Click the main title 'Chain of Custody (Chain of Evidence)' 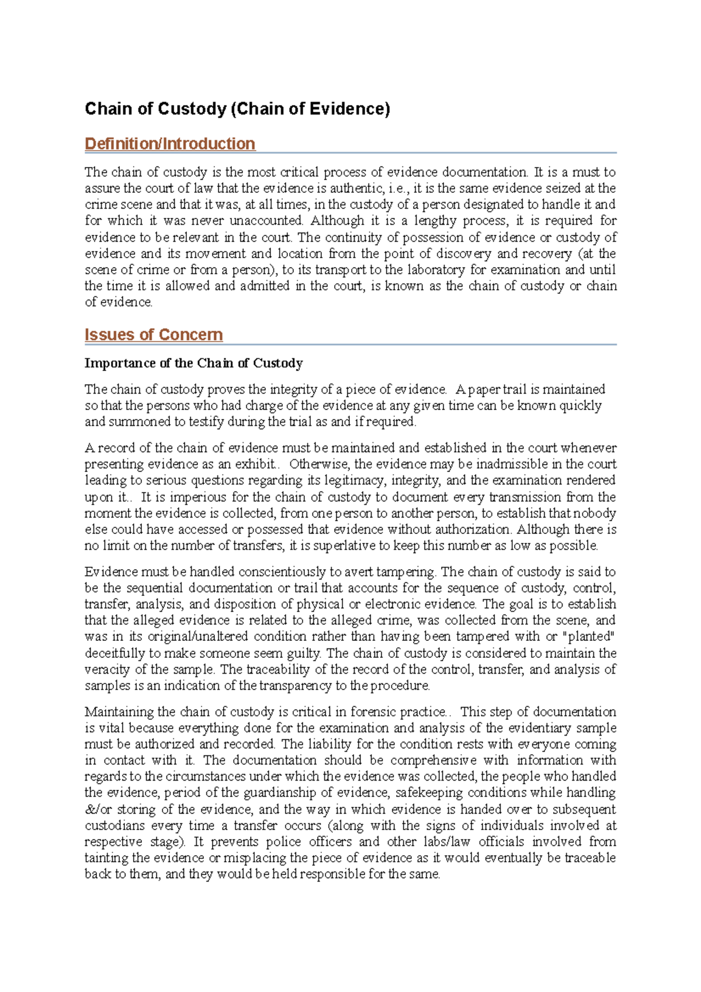click(x=237, y=109)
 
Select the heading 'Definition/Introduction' click(x=169, y=144)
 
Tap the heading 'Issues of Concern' click(x=154, y=335)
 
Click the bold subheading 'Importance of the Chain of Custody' click(x=193, y=363)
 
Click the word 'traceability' click(x=278, y=670)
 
